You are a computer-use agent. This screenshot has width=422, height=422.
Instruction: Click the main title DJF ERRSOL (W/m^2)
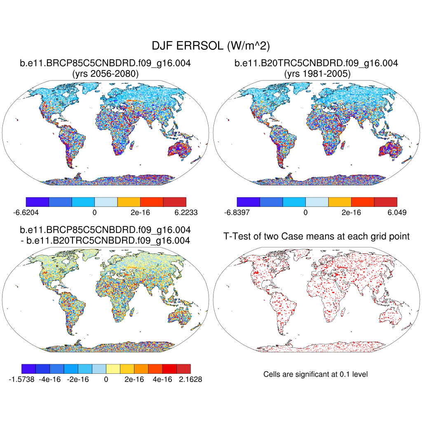tap(211, 45)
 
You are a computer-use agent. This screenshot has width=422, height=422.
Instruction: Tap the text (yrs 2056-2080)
tap(105, 74)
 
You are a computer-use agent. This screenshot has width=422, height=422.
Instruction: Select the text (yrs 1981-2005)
tap(316, 74)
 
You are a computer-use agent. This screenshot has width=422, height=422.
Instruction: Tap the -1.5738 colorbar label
tap(21, 379)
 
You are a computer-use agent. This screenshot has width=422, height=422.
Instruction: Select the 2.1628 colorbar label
tap(191, 379)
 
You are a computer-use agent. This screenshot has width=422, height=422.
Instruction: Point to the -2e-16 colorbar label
tap(78, 379)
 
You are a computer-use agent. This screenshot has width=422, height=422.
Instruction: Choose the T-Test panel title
tap(316, 236)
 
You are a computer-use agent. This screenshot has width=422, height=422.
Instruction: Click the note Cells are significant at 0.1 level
tap(315, 374)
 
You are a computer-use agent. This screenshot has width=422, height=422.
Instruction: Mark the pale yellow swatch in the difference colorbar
tap(113, 368)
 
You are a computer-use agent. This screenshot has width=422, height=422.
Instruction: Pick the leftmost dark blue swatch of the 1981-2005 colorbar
tap(248, 202)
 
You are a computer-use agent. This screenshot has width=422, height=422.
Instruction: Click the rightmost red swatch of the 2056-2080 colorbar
tap(175, 202)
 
